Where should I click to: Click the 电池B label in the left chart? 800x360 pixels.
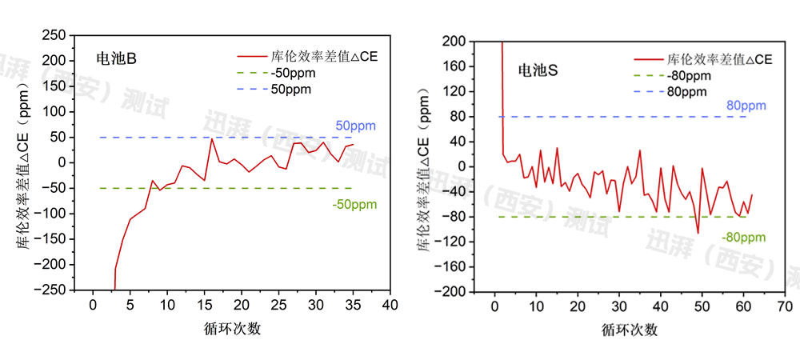click(111, 59)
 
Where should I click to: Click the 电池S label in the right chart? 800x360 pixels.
click(536, 70)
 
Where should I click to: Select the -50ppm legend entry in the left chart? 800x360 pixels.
click(293, 73)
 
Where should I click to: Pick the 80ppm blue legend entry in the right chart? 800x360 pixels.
click(687, 91)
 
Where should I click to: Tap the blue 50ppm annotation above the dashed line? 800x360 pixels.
click(355, 126)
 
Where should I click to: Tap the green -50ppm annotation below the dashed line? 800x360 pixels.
click(354, 204)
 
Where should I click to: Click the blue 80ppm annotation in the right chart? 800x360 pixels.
click(746, 106)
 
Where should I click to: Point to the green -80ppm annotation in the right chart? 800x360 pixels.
click(743, 238)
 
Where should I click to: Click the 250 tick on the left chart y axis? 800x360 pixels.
click(54, 35)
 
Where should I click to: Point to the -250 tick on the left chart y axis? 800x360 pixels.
click(50, 290)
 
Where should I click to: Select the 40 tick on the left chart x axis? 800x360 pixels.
click(390, 306)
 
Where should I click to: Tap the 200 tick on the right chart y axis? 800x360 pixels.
click(456, 40)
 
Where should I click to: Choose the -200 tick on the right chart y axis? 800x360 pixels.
click(453, 292)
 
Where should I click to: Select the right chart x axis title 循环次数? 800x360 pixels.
click(630, 329)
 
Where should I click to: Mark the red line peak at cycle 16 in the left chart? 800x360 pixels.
click(212, 138)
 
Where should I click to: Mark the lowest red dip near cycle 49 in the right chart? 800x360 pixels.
click(698, 234)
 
